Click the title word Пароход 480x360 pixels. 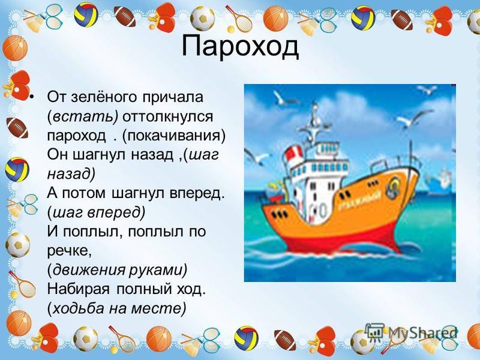pyautogui.click(x=240, y=47)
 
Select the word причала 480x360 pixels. pyautogui.click(x=173, y=98)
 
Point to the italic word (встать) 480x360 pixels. pyautogui.click(x=83, y=116)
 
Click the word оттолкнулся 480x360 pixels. pyautogui.click(x=168, y=116)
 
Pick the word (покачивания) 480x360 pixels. pyautogui.click(x=173, y=136)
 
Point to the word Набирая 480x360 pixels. pyautogui.click(x=79, y=289)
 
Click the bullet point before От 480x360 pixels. pyautogui.click(x=32, y=97)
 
